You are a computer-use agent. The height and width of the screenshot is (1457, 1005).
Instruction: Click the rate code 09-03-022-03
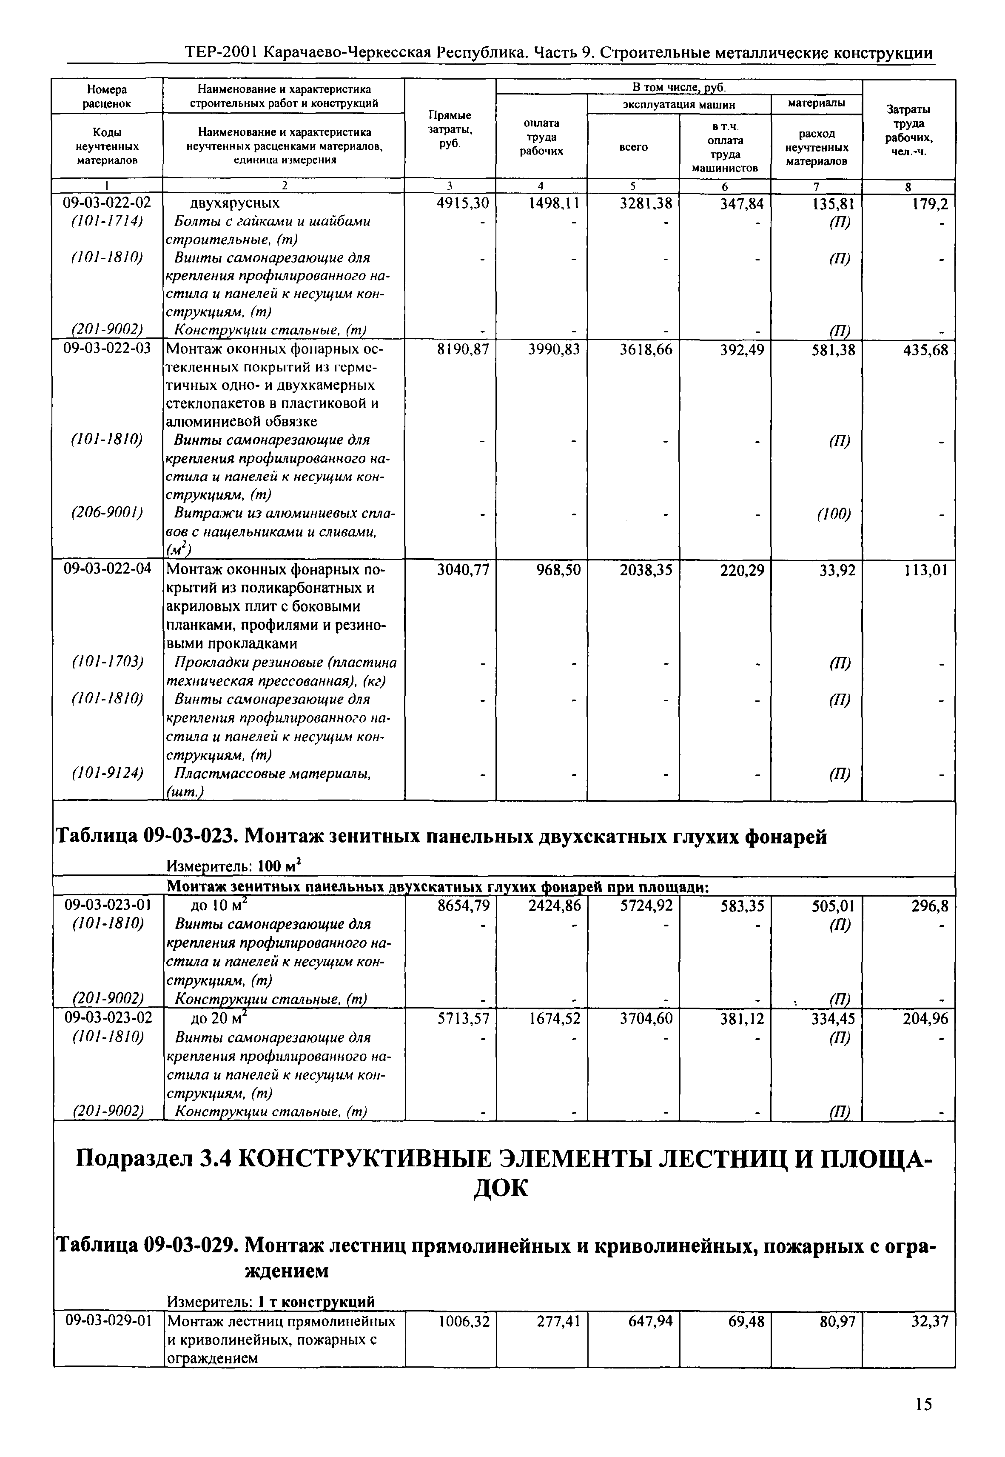point(107,349)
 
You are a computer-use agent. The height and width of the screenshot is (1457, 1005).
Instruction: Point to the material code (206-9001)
point(107,513)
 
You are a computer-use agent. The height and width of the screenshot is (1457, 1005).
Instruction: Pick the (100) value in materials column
point(834,514)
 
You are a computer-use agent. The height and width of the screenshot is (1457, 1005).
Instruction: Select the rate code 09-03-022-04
point(107,569)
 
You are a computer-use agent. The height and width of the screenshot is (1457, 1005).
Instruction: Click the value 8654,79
point(463,906)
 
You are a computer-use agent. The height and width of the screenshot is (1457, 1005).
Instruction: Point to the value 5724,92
point(646,906)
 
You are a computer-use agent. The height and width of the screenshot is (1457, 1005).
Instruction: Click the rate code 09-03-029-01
point(107,1321)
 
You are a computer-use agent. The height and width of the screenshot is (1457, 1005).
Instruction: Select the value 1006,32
point(463,1321)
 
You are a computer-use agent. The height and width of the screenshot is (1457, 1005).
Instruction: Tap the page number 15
point(923,1404)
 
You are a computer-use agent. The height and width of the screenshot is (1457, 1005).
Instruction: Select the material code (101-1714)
point(107,222)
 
